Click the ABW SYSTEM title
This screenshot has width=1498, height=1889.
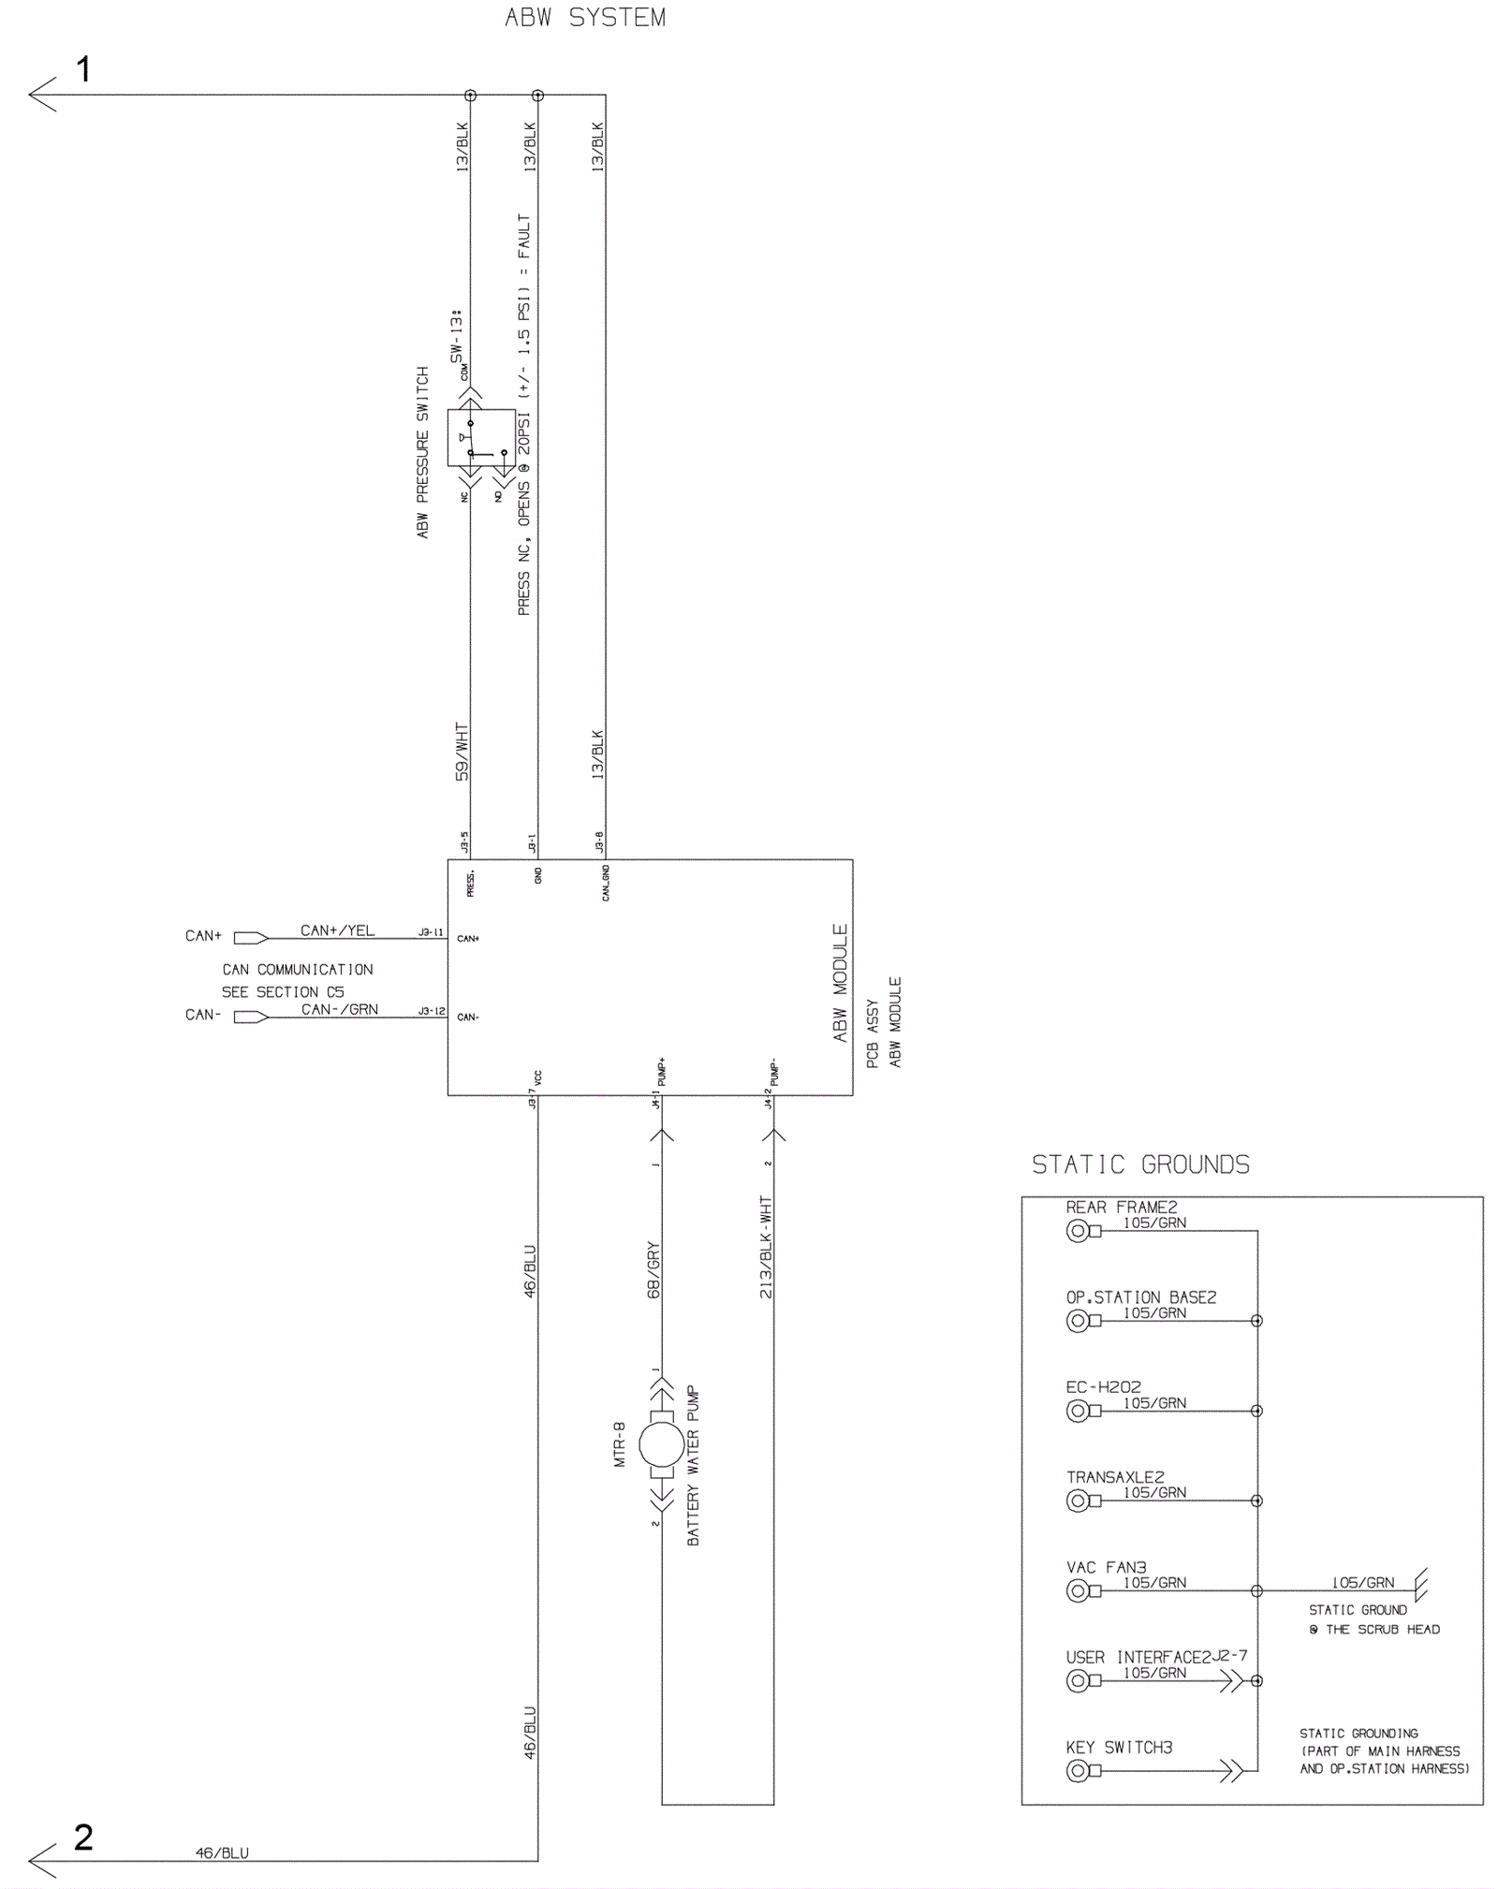click(x=585, y=18)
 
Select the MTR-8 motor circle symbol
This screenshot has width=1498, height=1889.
click(x=662, y=1445)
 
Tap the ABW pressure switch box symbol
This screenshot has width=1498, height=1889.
click(x=480, y=437)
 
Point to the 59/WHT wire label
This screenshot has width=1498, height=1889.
click(x=462, y=752)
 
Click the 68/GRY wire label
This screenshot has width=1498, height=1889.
click(x=654, y=1269)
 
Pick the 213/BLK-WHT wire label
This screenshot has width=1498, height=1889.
click(x=766, y=1247)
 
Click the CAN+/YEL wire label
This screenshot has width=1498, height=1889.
click(x=337, y=930)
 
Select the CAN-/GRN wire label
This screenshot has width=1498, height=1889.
click(x=339, y=1009)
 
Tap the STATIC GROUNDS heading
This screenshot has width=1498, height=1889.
click(x=1140, y=1164)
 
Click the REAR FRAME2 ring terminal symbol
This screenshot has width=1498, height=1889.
click(x=1079, y=1231)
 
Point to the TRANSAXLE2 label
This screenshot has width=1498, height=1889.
click(x=1115, y=1477)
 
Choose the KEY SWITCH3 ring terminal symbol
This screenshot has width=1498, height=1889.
click(x=1079, y=1770)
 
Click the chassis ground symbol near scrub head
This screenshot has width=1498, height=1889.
click(x=1420, y=1586)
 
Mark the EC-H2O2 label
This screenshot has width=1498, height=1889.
click(x=1103, y=1386)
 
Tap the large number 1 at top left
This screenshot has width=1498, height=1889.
click(x=83, y=69)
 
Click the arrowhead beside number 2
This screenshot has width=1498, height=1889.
click(x=42, y=1860)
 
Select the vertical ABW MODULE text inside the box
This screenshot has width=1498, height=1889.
click(x=840, y=983)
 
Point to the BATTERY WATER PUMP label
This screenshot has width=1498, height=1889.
click(x=693, y=1466)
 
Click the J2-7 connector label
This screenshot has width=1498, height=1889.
click(x=1229, y=1655)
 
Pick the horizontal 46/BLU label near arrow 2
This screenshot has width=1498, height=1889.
click(x=222, y=1852)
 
